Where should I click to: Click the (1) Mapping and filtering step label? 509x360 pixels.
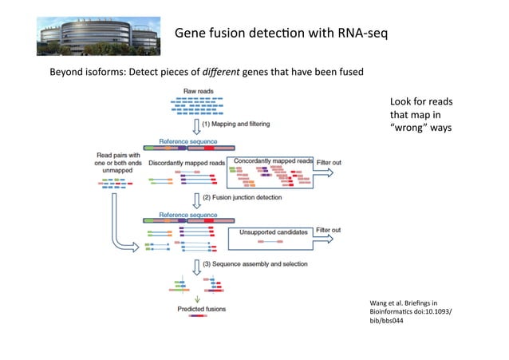237,125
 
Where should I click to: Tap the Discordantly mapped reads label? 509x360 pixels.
187,163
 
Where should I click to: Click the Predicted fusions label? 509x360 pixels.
200,308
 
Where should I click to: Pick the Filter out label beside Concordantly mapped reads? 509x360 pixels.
329,163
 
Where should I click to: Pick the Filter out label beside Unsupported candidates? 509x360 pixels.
329,230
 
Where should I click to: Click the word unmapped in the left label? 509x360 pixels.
117,170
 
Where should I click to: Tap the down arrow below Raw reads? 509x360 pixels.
196,126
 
